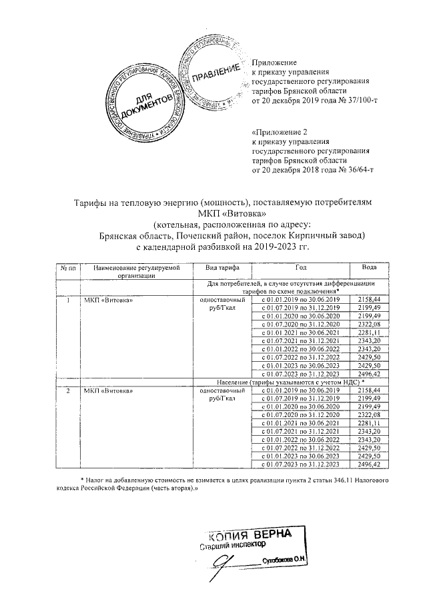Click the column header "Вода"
pos(369,267)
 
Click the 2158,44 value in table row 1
pos(369,301)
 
